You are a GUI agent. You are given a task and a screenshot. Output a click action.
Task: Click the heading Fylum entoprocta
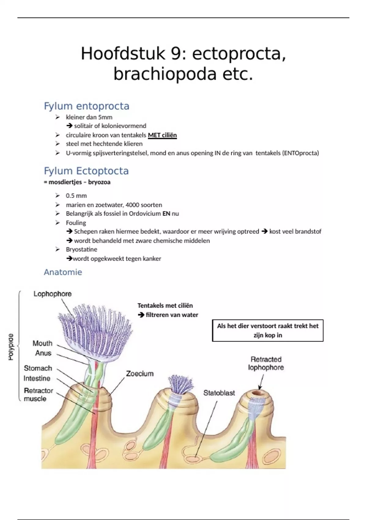tap(87, 106)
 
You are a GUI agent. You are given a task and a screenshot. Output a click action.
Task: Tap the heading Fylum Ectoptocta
tap(86, 171)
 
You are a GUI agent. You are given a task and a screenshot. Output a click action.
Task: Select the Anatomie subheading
tap(63, 272)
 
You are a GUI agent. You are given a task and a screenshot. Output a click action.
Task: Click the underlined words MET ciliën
tap(162, 135)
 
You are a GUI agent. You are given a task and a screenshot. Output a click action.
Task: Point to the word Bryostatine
tap(81, 249)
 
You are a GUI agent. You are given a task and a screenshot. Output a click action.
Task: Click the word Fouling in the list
tap(76, 223)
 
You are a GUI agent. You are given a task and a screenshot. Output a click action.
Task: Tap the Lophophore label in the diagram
tap(53, 294)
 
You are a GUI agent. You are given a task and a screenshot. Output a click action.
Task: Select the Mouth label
tap(43, 343)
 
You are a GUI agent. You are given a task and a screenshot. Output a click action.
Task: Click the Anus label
tap(43, 353)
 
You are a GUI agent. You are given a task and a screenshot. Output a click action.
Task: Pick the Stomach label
tap(38, 368)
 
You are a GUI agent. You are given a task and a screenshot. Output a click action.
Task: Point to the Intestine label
tap(37, 378)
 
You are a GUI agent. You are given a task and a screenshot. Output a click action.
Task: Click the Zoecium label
tap(140, 373)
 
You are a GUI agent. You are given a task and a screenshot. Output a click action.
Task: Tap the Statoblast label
tap(219, 393)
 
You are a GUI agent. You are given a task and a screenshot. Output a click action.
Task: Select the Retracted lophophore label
tap(266, 363)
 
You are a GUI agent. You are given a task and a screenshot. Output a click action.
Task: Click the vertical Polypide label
tap(11, 347)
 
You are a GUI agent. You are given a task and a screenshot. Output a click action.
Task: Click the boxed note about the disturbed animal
tap(268, 330)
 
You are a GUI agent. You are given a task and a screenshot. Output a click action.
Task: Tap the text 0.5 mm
tap(76, 196)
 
